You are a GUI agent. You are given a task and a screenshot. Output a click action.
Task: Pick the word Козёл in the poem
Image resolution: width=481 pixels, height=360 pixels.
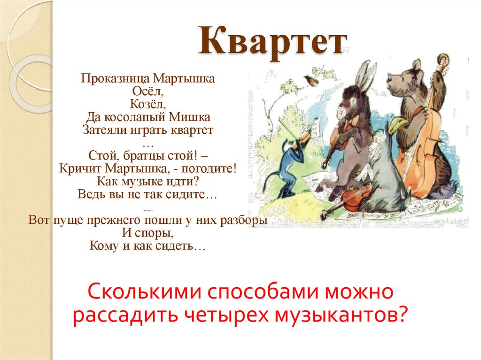147,103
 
